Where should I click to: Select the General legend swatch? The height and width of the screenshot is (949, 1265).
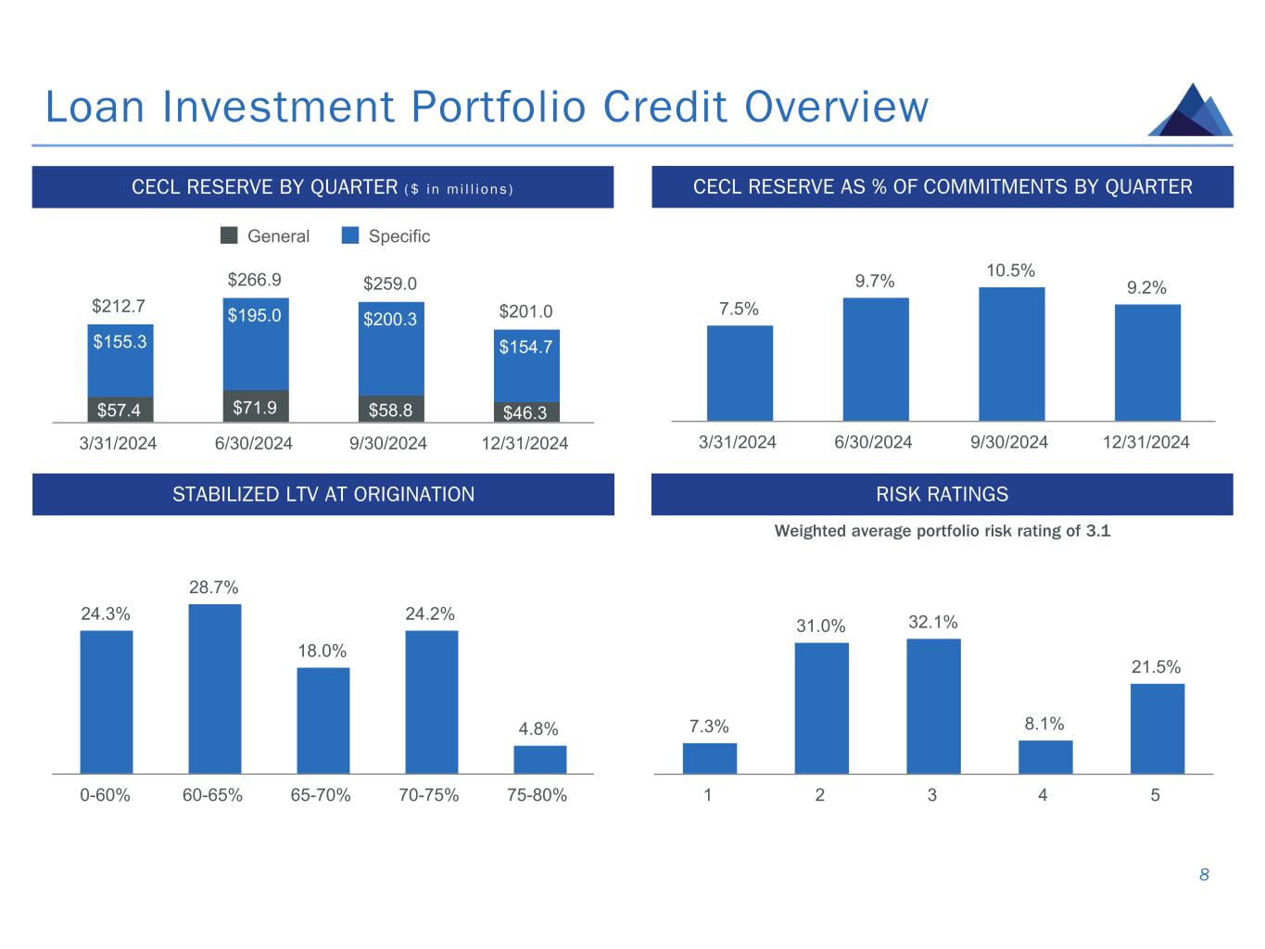click(x=229, y=235)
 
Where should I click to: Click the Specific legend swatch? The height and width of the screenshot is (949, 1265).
click(x=349, y=235)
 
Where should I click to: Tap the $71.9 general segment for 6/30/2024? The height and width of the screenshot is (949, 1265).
click(x=255, y=406)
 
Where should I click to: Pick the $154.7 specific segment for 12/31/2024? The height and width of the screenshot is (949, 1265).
click(x=526, y=365)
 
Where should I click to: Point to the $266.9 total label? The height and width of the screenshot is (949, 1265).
click(x=254, y=280)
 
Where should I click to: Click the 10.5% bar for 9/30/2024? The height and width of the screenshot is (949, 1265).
click(x=1011, y=354)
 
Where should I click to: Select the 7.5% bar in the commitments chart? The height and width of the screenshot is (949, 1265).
click(x=740, y=373)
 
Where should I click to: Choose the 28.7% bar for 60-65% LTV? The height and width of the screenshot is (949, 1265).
click(x=214, y=689)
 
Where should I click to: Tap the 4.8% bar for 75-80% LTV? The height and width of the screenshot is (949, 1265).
click(x=539, y=759)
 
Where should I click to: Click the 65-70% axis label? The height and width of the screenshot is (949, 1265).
click(x=321, y=795)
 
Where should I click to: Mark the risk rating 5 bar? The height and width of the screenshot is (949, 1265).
click(x=1157, y=728)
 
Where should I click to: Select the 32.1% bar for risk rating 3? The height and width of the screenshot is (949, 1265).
click(x=933, y=706)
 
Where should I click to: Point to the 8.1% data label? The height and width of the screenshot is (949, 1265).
click(x=1044, y=724)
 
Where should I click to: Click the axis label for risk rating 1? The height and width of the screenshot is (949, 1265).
click(x=708, y=795)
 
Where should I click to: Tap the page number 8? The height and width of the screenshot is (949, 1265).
click(x=1204, y=875)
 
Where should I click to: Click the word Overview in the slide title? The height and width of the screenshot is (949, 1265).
click(x=836, y=107)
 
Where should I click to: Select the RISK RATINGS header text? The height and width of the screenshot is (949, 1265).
click(x=942, y=494)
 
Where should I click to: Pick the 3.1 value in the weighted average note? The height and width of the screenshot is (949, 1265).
click(x=1098, y=531)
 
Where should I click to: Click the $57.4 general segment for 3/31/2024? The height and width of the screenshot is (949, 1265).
click(x=120, y=410)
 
